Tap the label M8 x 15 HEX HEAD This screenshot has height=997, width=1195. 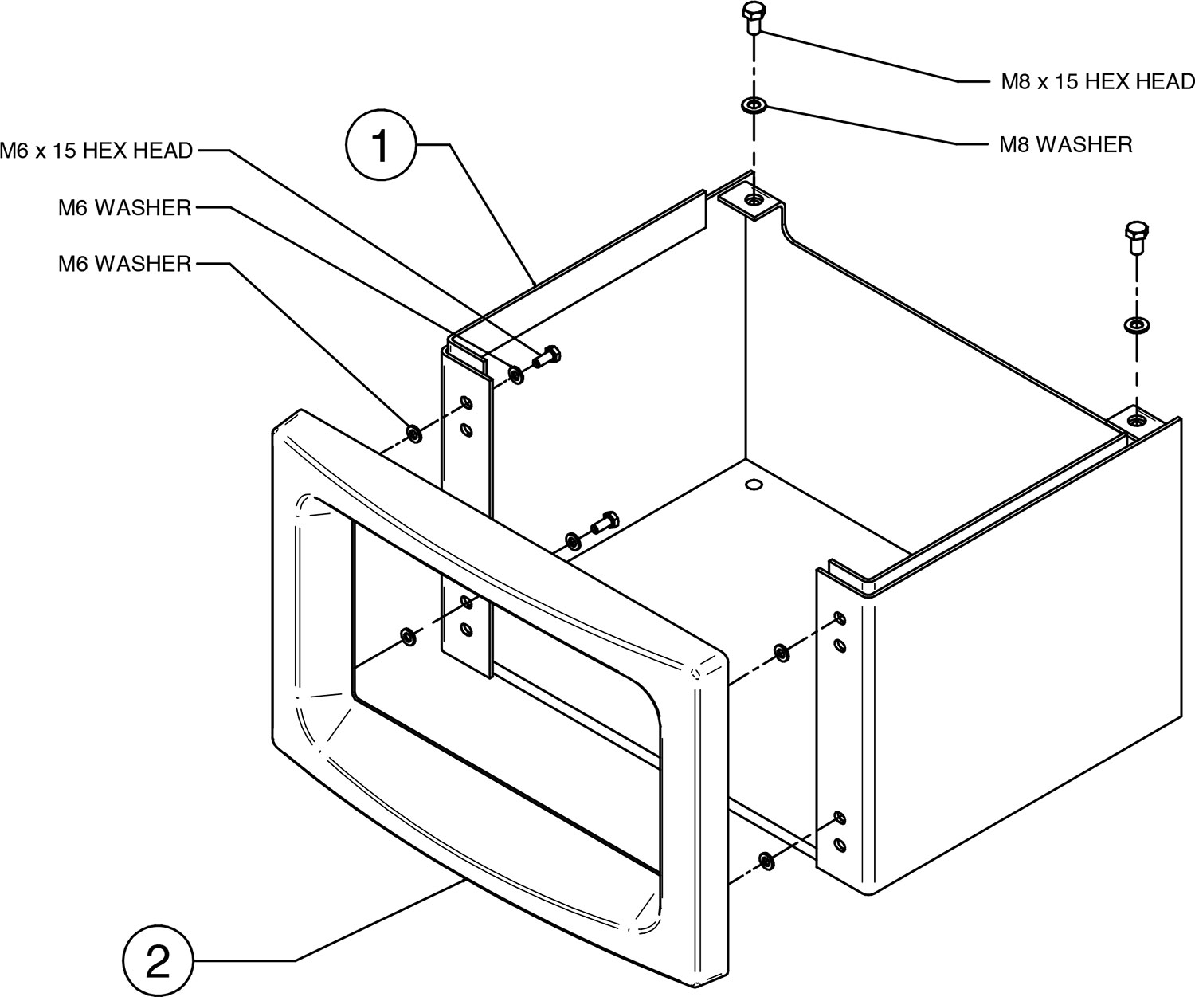1097,81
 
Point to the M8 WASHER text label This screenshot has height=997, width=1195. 1065,144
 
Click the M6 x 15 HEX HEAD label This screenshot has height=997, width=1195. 96,150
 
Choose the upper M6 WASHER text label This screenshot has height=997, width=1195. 125,208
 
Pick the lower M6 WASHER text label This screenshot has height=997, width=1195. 125,263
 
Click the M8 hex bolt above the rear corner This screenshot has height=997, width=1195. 752,17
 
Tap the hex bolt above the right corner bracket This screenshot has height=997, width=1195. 1135,237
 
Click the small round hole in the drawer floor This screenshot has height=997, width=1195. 751,484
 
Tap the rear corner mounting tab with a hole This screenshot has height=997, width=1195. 753,198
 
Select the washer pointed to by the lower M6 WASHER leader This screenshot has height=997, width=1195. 414,433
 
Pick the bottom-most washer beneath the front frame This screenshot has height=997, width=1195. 766,860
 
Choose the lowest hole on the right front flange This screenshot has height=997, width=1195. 839,842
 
